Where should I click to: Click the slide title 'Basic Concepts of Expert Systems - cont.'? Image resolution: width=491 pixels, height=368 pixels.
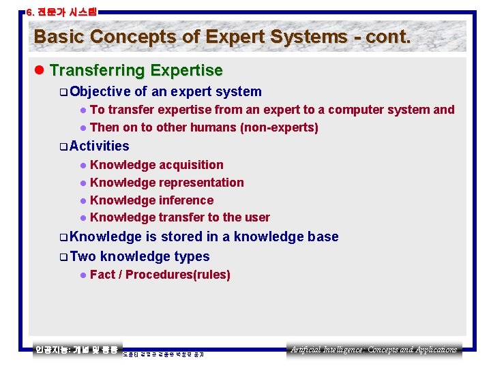pos(222,37)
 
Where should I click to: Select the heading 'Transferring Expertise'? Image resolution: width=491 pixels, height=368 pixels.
pos(136,71)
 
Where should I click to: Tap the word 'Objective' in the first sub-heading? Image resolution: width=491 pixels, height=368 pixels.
pos(100,92)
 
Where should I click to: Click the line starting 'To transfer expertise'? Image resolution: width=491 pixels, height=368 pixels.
pos(271,110)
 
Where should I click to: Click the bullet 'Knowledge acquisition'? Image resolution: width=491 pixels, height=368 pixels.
pos(156,165)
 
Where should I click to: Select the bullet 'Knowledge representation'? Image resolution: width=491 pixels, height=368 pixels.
pos(166,183)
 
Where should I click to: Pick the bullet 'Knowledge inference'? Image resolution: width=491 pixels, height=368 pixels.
pos(151,200)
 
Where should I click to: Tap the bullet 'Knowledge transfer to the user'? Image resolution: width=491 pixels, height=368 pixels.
pos(179,217)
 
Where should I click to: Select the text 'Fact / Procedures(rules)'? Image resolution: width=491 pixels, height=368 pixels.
pos(160,275)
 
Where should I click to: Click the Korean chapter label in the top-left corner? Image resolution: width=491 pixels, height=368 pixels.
pos(61,12)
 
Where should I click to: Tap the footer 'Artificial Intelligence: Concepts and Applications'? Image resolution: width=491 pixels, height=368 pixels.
pos(374,350)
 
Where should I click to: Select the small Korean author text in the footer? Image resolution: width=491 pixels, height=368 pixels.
pos(164,354)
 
